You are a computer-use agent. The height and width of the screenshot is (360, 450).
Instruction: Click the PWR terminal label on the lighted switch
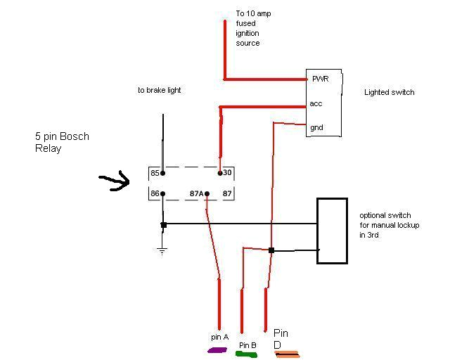(320, 79)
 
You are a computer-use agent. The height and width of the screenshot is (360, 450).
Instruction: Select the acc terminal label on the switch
(316, 103)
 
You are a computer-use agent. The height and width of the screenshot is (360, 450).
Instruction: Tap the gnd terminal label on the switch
(317, 127)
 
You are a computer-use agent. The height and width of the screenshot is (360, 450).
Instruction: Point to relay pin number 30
(228, 172)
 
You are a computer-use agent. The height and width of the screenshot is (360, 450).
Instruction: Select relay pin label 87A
(198, 193)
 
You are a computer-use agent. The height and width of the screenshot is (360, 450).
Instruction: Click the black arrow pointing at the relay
(115, 182)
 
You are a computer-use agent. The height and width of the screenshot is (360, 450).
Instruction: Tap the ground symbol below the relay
(163, 250)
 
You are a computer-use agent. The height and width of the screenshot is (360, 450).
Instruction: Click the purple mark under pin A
(217, 349)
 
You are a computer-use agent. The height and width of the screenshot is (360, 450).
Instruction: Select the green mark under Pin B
(246, 354)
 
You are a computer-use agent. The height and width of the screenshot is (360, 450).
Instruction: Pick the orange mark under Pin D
(287, 354)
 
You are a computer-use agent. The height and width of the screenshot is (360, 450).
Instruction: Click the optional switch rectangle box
(332, 231)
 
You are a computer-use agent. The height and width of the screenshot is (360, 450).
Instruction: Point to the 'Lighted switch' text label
(389, 92)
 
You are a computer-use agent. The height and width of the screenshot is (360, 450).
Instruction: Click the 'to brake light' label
(159, 90)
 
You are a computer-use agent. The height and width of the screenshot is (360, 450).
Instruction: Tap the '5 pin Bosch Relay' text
(63, 142)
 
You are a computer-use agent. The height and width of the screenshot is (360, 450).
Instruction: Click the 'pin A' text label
(220, 337)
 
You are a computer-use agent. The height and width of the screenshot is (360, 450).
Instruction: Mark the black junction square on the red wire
(271, 250)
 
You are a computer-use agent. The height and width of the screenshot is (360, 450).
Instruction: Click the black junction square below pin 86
(163, 225)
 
